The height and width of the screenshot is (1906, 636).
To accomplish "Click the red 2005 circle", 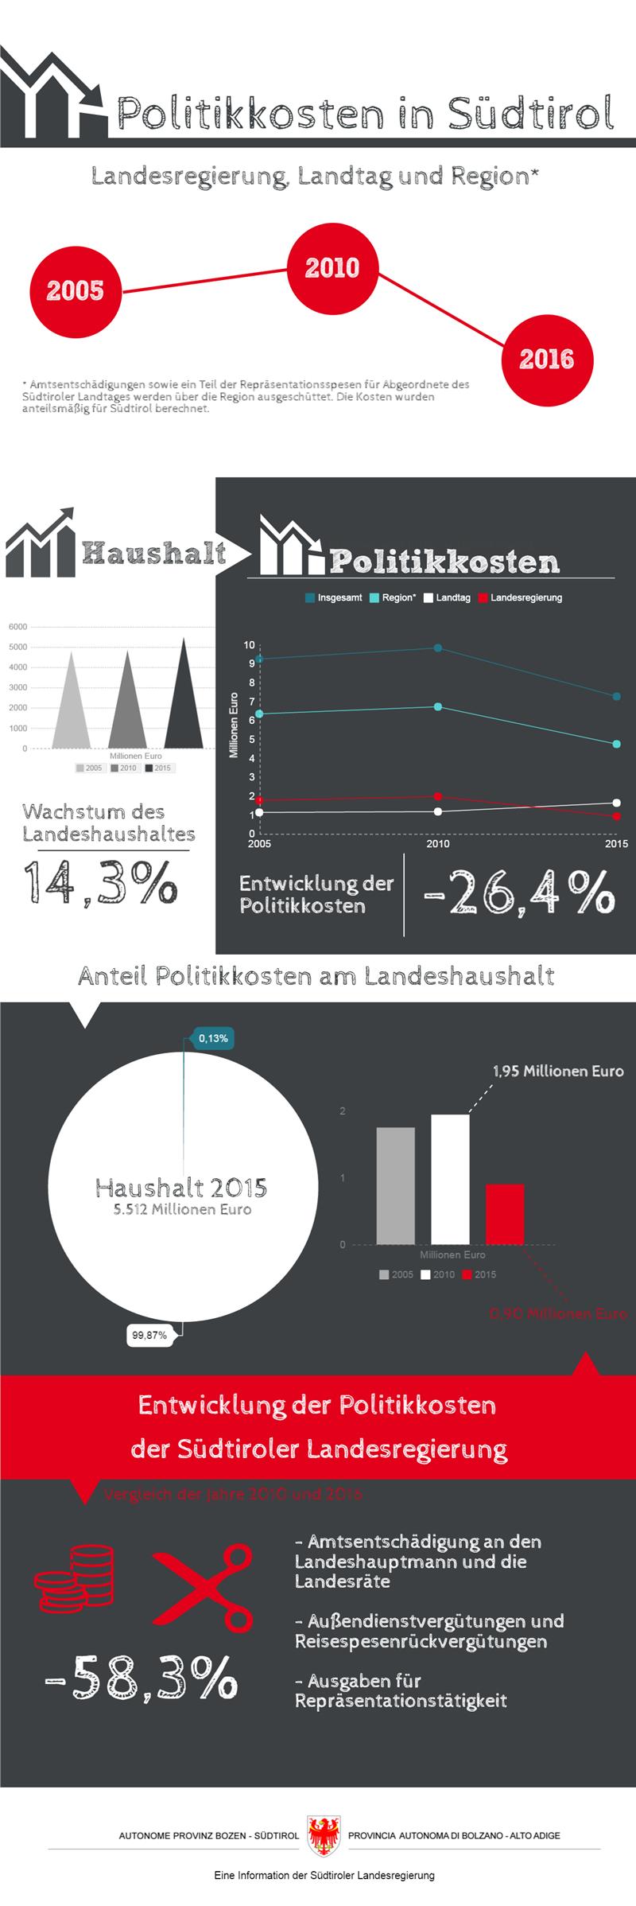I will (x=76, y=291).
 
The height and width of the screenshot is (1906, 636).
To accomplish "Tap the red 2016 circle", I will (x=547, y=360).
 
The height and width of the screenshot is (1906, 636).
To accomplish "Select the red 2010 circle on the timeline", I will (x=332, y=268).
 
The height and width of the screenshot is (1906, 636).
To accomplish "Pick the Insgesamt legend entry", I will (x=333, y=597).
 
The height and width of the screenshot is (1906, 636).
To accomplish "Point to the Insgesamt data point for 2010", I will (x=438, y=648).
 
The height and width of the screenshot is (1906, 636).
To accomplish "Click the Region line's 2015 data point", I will (x=616, y=745).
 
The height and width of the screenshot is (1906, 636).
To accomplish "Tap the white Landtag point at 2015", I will (x=616, y=803).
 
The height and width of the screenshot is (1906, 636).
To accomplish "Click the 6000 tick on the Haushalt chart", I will (x=18, y=627).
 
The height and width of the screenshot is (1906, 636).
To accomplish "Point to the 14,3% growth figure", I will (x=99, y=882).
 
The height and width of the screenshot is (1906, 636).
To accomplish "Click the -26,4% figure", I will (x=519, y=892).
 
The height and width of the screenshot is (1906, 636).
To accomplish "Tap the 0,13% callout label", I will (x=213, y=1038).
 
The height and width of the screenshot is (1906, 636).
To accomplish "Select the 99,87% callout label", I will (x=149, y=1335).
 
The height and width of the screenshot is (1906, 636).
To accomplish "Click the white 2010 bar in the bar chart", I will (x=450, y=1179).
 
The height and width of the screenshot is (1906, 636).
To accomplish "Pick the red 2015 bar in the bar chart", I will (x=505, y=1214).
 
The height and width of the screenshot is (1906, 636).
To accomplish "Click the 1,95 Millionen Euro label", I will (x=558, y=1072).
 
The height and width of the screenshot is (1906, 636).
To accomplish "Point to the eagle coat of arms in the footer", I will (x=324, y=1835).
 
